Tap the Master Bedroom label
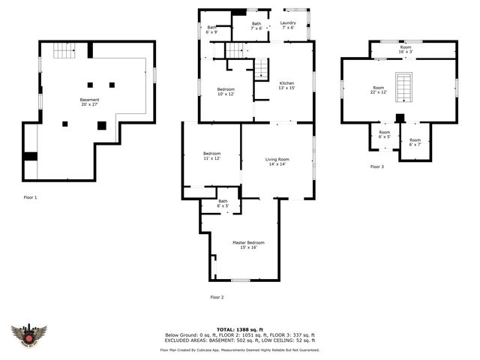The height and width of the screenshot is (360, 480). pos(248,245)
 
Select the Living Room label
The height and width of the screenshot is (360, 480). pos(277,161)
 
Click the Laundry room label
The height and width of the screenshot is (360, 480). pos(288,25)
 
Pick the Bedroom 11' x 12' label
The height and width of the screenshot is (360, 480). pos(211,155)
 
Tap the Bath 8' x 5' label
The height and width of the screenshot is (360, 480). pos(223,203)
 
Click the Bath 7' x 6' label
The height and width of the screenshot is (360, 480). pos(256,26)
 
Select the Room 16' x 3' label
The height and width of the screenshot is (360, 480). pos(406,49)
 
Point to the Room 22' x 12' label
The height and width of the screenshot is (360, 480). pos(378,90)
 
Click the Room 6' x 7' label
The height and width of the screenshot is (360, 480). pos(415,142)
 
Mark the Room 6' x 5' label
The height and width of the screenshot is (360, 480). pos(384,134)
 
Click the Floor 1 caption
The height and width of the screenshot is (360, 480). pos(30,197)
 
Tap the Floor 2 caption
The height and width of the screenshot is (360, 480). pos(217,297)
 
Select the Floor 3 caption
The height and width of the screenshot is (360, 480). pos(376,166)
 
